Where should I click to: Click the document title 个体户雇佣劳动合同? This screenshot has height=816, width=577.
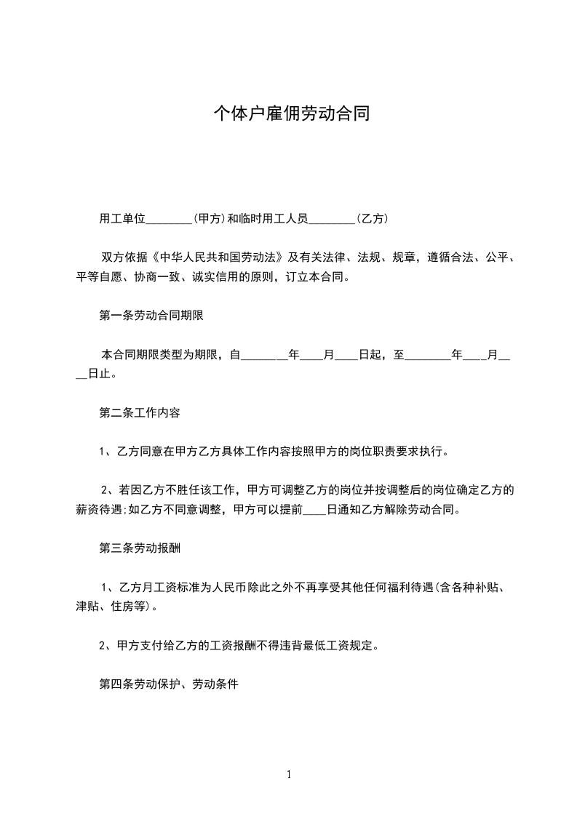tap(288, 113)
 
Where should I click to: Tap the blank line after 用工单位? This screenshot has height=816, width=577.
tap(169, 218)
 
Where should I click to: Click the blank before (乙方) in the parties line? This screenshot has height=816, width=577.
tap(332, 218)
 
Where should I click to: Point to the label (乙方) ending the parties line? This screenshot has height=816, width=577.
tap(372, 218)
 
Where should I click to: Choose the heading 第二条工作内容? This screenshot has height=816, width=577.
tap(140, 413)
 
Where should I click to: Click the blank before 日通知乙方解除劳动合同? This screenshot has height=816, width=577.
tap(314, 510)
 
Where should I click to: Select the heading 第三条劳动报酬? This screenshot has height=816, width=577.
tap(140, 549)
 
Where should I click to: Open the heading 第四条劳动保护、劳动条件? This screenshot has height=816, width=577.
tap(169, 685)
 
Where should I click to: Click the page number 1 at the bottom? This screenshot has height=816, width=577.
tap(289, 775)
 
